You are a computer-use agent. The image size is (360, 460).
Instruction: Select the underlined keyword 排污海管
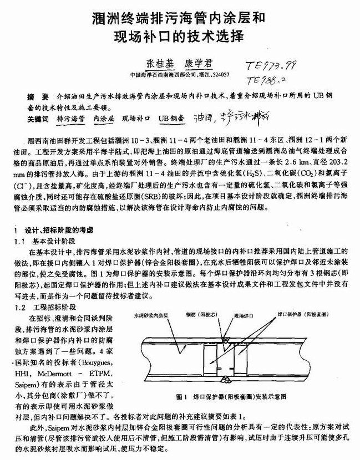[x=70, y=118]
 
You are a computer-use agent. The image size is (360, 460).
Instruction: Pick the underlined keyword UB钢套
[x=171, y=118]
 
